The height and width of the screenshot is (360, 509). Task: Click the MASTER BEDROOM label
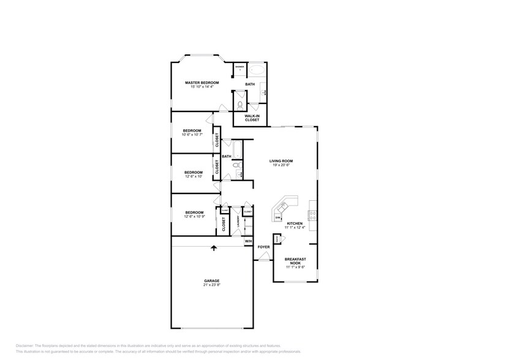click(x=202, y=82)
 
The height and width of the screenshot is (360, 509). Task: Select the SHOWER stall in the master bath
click(x=239, y=69)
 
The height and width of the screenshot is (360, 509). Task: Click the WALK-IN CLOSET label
click(x=252, y=118)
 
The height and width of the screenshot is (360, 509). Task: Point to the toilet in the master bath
click(x=239, y=105)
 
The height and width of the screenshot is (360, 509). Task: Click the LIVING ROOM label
click(x=281, y=161)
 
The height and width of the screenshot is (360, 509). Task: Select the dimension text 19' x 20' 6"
click(x=281, y=165)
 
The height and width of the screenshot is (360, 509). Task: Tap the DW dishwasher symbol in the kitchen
click(x=277, y=217)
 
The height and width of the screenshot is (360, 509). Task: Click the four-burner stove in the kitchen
click(x=313, y=215)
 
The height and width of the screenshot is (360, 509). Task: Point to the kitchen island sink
click(x=285, y=204)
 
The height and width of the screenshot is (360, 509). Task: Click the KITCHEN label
click(x=295, y=223)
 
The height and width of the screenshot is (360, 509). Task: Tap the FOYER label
click(x=263, y=247)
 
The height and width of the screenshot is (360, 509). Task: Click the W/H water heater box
click(x=248, y=242)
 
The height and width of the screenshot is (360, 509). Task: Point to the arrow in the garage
click(x=213, y=247)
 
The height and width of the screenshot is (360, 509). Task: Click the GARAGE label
click(x=212, y=281)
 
